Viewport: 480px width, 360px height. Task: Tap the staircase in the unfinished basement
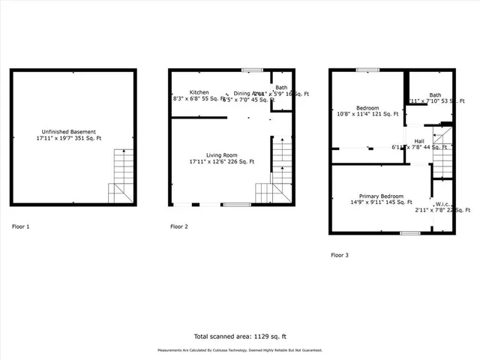122,176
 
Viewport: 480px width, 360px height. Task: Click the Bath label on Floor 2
281,88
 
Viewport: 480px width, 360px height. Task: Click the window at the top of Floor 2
257,70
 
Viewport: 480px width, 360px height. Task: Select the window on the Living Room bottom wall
236,205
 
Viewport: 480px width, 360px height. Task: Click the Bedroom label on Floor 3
367,107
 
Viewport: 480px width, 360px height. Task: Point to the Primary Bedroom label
382,195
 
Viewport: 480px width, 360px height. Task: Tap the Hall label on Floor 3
418,140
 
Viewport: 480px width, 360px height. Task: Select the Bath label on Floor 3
435,94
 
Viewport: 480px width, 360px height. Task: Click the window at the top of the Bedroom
367,70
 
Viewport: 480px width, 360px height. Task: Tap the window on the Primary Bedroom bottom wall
409,233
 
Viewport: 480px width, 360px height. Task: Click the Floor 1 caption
21,226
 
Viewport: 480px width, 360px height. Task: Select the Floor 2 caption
179,226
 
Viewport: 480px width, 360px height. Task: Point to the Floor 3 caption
340,255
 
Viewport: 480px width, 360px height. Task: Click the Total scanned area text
239,336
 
